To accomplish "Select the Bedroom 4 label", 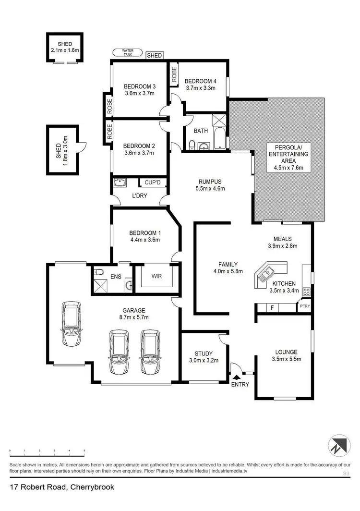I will tap(200, 81).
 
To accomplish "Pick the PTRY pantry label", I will tap(304, 306).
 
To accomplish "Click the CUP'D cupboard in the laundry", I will tap(146, 183).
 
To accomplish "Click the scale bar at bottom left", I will tap(47, 454).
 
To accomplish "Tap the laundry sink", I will tap(119, 183).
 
